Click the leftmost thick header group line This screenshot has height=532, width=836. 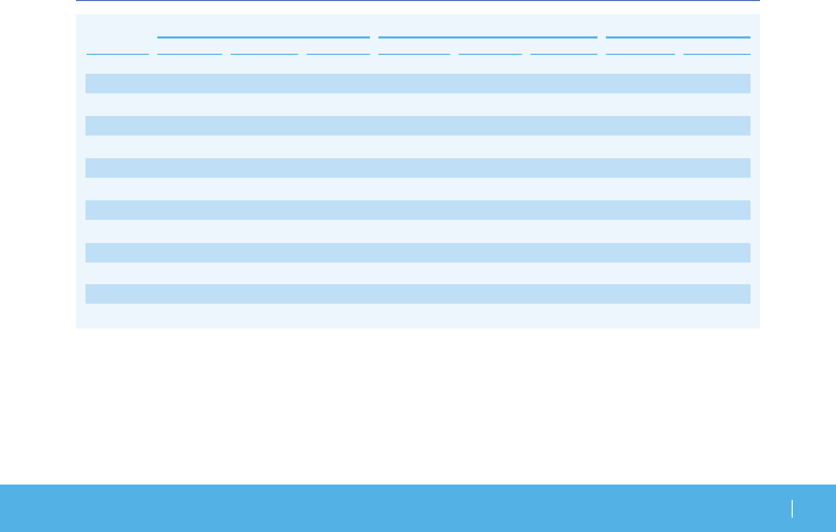[x=263, y=37]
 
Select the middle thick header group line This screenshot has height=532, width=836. [x=488, y=37]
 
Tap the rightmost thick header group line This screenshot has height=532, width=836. [x=678, y=37]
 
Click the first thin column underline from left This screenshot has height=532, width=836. [x=118, y=54]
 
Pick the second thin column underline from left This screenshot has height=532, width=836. [x=189, y=54]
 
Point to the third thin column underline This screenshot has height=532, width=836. [x=264, y=54]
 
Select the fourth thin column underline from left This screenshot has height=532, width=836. [x=338, y=54]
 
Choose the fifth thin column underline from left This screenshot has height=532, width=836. [x=414, y=54]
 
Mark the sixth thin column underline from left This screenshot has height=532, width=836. [x=490, y=54]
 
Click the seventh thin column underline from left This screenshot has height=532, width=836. [x=564, y=54]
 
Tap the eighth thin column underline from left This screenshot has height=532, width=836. [x=640, y=54]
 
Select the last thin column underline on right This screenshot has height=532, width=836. [x=717, y=54]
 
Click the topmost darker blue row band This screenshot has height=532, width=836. [x=417, y=83]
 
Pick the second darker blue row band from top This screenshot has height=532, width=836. [x=417, y=125]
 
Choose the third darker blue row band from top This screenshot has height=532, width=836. [x=417, y=168]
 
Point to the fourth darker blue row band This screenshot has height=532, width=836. [x=417, y=210]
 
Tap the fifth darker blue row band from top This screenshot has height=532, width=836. [x=417, y=253]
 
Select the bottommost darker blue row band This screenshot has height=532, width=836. [x=417, y=294]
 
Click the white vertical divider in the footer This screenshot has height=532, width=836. [x=792, y=509]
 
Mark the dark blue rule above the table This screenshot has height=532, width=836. [x=417, y=1]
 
